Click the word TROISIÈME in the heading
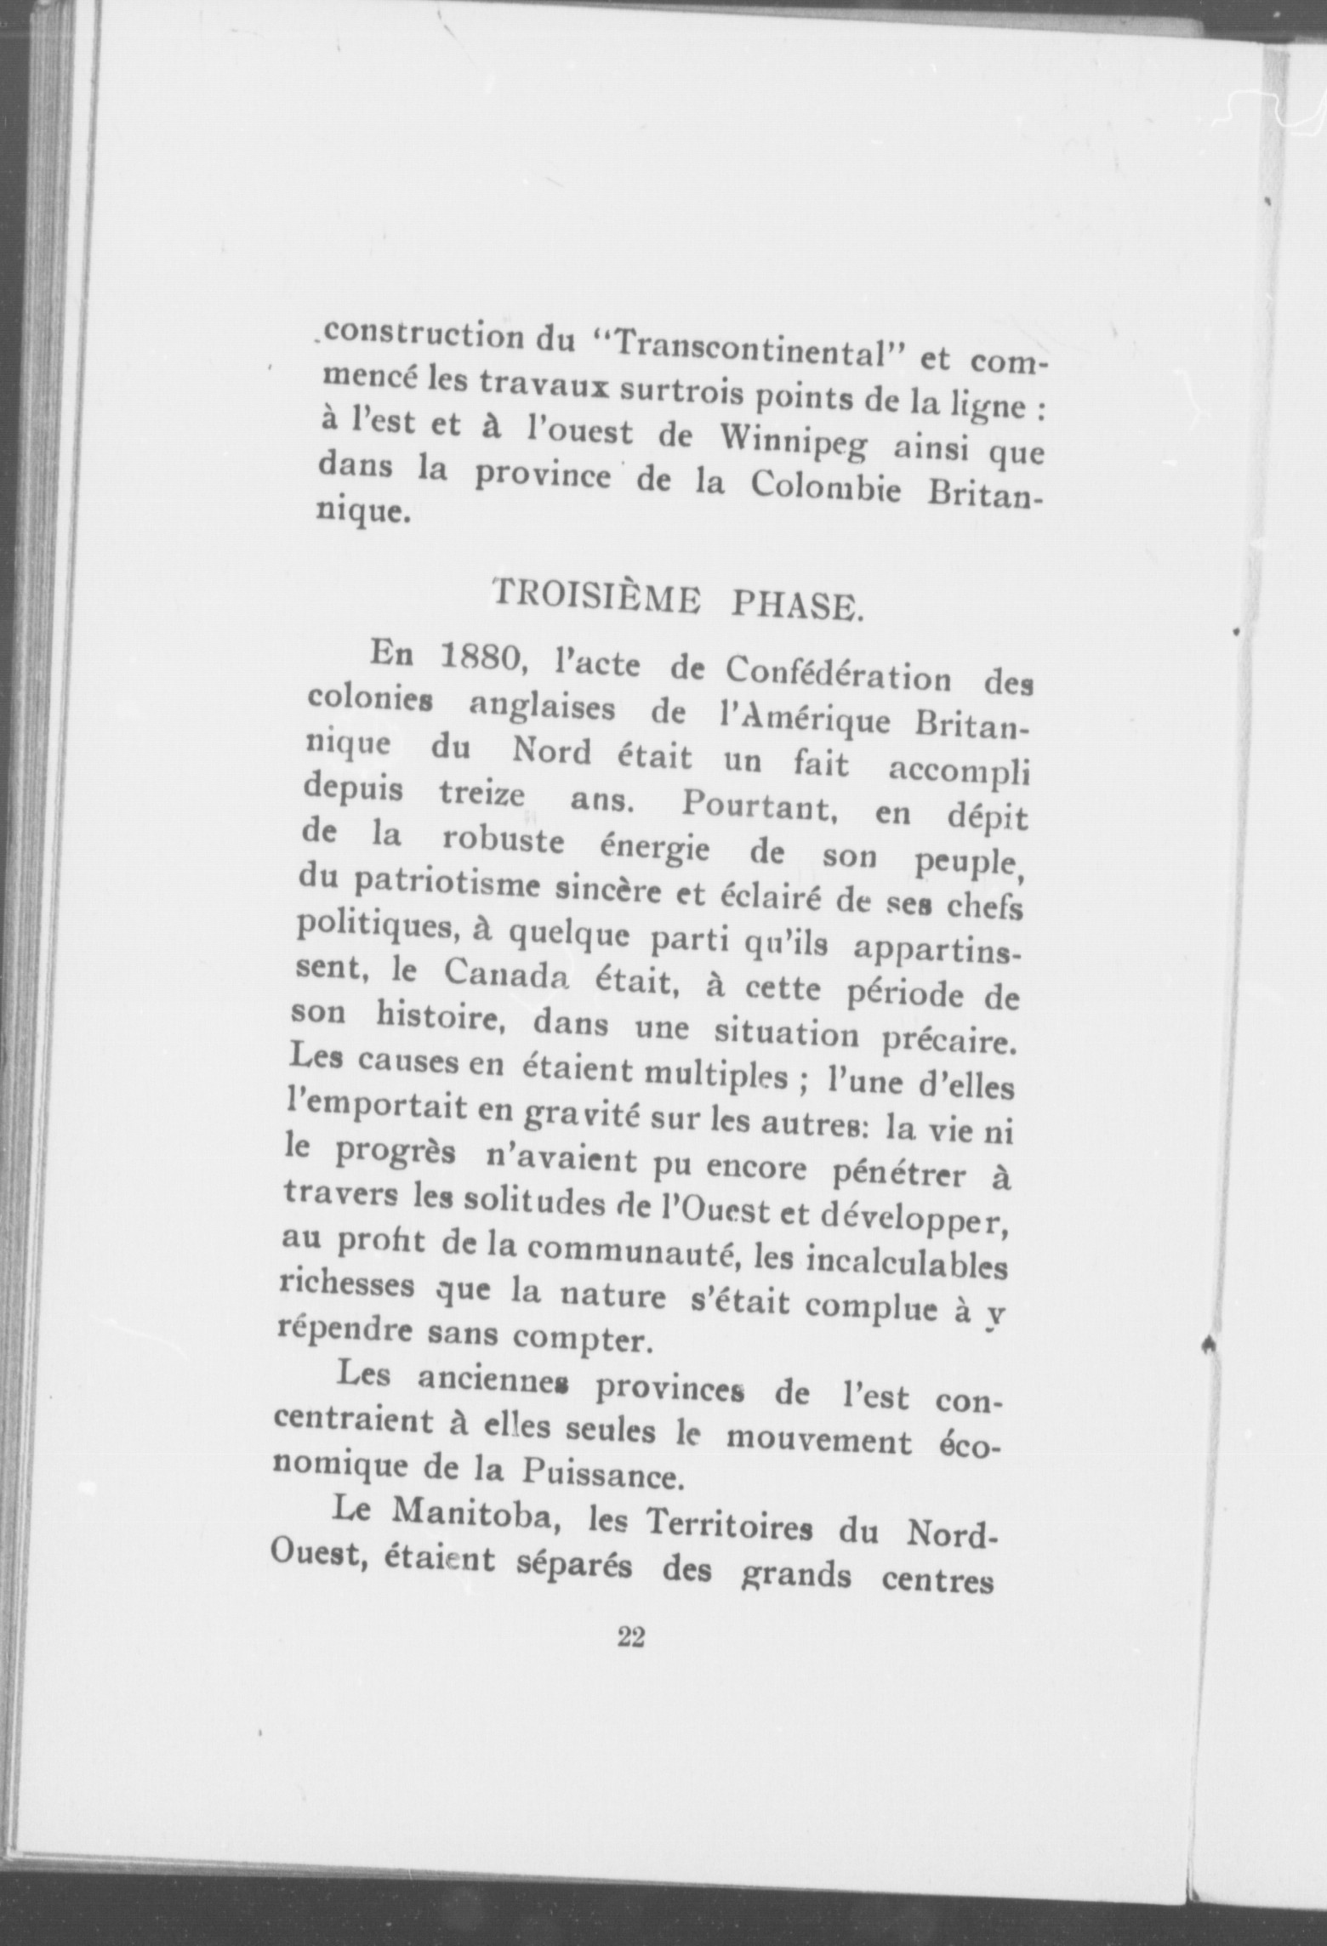coord(596,593)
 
